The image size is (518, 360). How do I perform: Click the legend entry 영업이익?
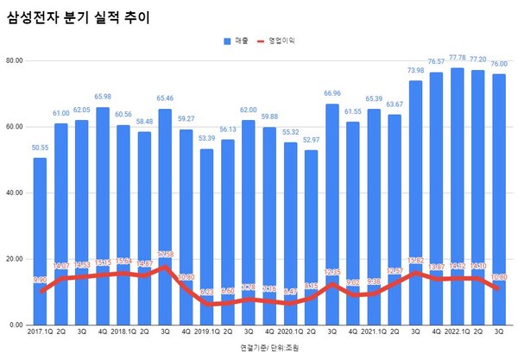tap(281, 41)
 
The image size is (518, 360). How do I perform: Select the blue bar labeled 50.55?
tap(40, 242)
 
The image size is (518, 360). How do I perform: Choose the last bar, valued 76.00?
tap(499, 199)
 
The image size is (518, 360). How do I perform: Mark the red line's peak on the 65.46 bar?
tap(165, 267)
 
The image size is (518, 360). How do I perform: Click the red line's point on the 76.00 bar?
tap(499, 288)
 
